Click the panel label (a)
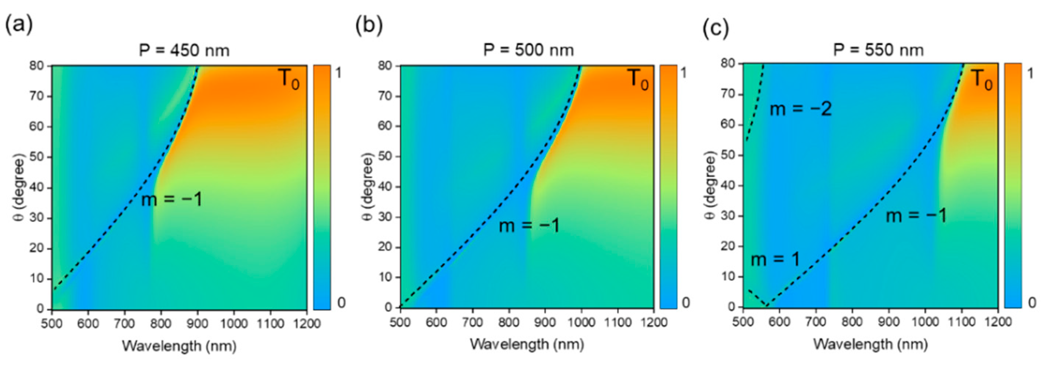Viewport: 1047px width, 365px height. tap(19, 26)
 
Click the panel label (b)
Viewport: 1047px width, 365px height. tap(368, 26)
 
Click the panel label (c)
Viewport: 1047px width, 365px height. tap(716, 28)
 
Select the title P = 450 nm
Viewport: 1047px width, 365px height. tap(184, 51)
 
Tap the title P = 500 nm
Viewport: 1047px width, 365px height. tap(528, 50)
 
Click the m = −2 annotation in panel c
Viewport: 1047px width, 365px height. tap(801, 109)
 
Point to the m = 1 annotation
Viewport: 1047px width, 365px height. tap(775, 259)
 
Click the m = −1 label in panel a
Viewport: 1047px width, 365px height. tap(171, 199)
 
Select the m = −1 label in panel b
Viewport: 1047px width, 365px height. tap(529, 225)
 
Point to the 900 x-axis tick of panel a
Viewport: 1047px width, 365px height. tap(198, 324)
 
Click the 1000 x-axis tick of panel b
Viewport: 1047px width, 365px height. tap(581, 322)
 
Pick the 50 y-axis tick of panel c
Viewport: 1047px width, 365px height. tap(729, 156)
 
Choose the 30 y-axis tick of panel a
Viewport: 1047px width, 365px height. tap(37, 218)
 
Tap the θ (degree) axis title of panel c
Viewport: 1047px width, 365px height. tap(709, 185)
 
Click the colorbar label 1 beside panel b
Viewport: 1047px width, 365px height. tap(684, 73)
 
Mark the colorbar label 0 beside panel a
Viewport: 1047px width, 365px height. tap(341, 303)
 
